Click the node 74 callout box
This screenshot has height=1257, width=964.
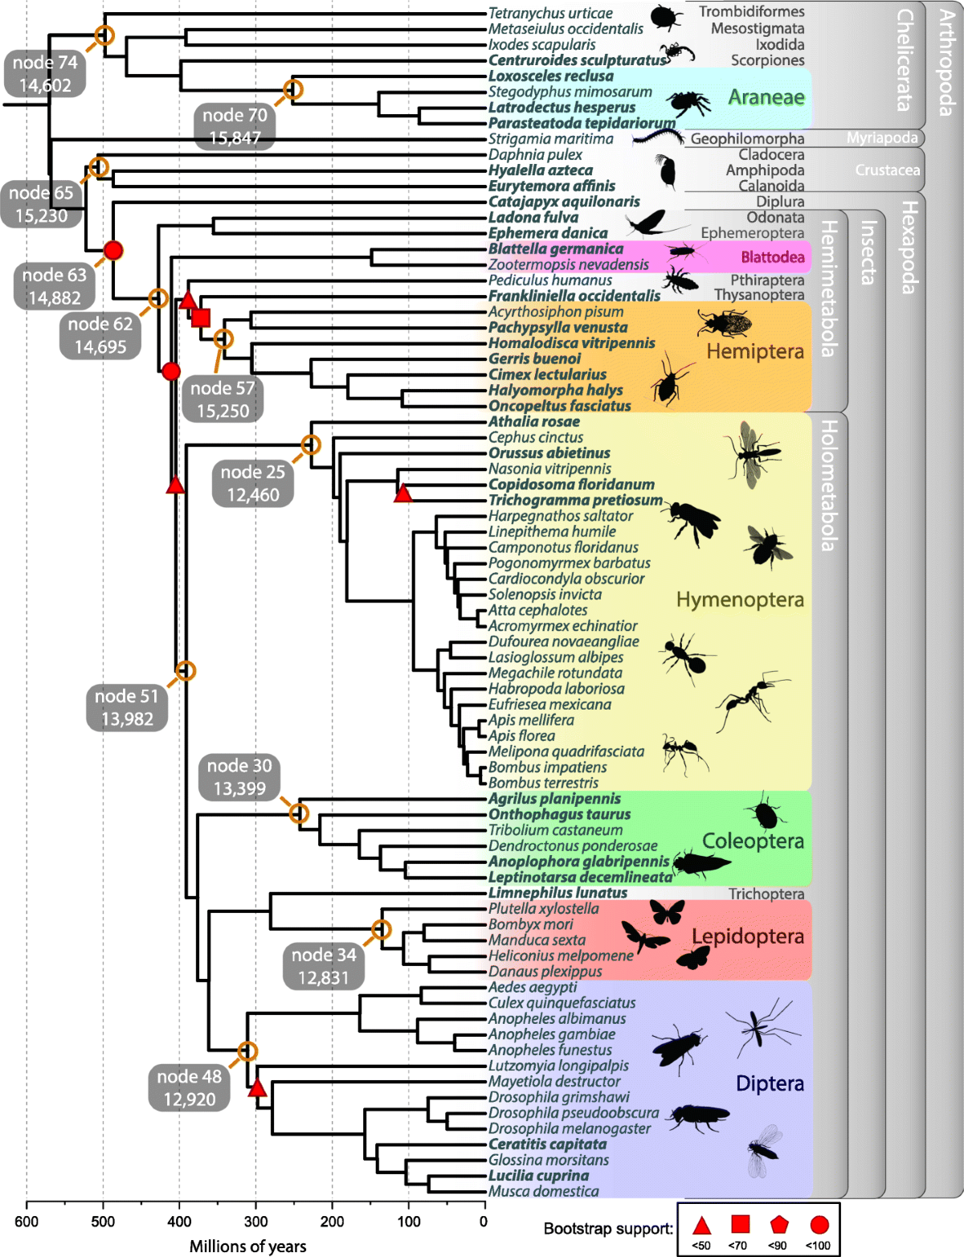point(45,74)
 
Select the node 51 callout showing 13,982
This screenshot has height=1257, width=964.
point(127,707)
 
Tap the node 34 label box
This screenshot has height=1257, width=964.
point(323,966)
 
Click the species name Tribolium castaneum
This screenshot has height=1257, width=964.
point(555,830)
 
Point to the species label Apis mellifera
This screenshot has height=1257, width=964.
point(531,720)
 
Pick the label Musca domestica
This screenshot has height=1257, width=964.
point(543,1191)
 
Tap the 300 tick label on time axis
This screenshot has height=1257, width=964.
point(255,1222)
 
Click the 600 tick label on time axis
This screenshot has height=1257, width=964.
point(27,1222)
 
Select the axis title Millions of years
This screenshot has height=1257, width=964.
point(247,1247)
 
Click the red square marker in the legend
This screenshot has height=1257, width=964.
point(740,1224)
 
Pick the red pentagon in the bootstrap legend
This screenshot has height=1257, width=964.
point(778,1225)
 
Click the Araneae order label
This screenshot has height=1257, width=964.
point(766,97)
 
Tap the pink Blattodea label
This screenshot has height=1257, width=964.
point(772,257)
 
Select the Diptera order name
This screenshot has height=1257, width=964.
point(770,1083)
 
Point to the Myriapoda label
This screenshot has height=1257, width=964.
point(881,138)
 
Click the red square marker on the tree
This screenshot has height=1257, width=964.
point(201,317)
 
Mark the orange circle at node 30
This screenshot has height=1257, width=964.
point(298,813)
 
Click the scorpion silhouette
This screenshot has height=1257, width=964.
point(680,52)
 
